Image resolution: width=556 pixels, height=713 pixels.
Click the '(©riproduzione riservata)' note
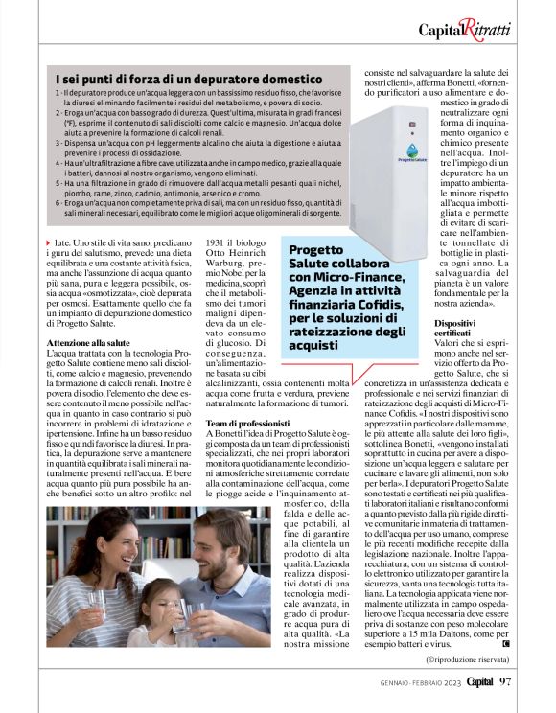coord(473,660)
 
